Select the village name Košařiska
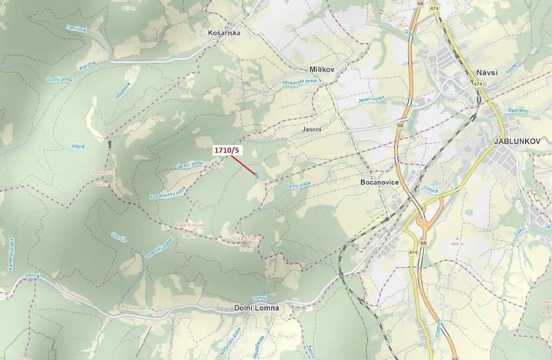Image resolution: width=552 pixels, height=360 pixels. [x=226, y=34]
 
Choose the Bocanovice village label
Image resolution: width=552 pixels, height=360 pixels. [x=378, y=184]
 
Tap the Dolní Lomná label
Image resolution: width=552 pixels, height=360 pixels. [x=256, y=308]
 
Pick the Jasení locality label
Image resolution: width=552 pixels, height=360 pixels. [x=312, y=129]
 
